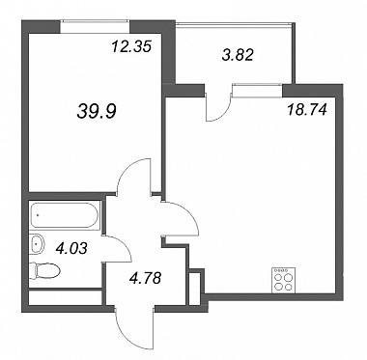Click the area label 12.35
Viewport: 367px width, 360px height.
[x=131, y=46]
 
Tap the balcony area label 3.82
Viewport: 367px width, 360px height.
[x=238, y=55]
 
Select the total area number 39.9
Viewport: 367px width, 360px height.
[x=97, y=111]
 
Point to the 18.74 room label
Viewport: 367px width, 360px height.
[x=306, y=110]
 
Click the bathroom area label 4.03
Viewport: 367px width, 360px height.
[x=71, y=248]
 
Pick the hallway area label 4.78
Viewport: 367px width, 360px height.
[x=145, y=278]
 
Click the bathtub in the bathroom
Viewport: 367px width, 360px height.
[x=65, y=215]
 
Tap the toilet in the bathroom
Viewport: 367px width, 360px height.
[x=44, y=271]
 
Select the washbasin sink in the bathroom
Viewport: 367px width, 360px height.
[x=37, y=245]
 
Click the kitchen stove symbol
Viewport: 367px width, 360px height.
[x=283, y=281]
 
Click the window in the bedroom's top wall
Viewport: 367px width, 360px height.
[x=95, y=26]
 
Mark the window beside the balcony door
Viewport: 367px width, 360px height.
[x=257, y=90]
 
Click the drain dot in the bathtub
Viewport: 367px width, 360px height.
[x=38, y=215]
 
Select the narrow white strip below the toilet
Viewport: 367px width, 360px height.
[x=66, y=298]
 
